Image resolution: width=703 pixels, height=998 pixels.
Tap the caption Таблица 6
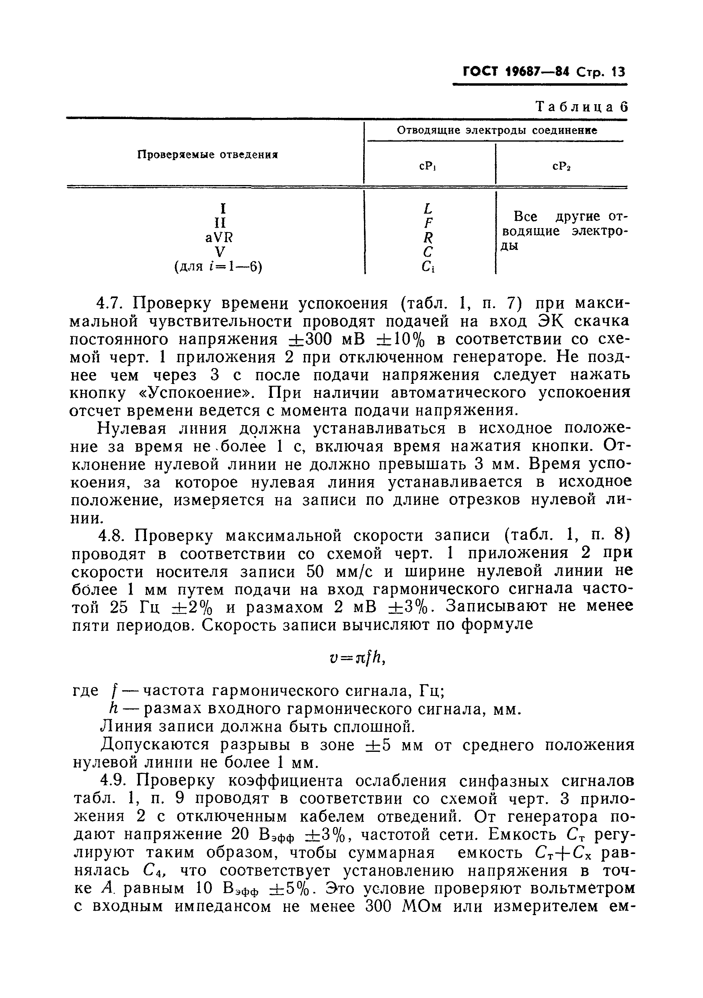coord(582,107)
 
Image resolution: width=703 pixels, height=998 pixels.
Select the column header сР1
coord(428,167)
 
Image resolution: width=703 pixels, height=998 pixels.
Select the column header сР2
coord(561,167)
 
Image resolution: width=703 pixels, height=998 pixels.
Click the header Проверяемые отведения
coord(208,154)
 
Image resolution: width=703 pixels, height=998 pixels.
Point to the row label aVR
coord(220,237)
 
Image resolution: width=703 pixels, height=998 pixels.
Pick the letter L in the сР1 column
coord(428,208)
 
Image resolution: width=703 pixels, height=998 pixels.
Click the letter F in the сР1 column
coord(428,223)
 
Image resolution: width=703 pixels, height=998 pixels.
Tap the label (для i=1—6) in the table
coord(218,266)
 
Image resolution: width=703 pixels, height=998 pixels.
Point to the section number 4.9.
coord(114,781)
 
